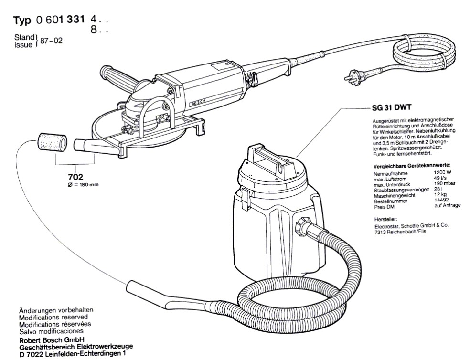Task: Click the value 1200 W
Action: tap(443, 173)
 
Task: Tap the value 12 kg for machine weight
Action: tap(440, 195)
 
